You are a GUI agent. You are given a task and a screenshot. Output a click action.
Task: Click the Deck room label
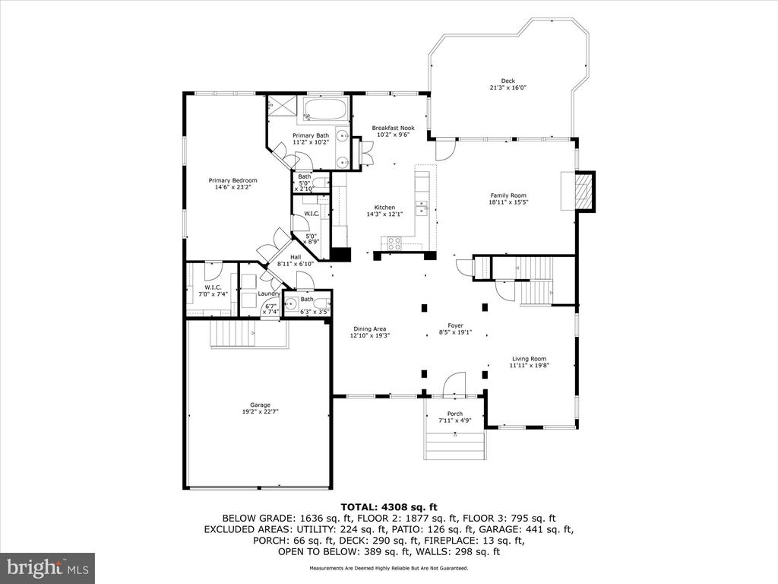point(508,81)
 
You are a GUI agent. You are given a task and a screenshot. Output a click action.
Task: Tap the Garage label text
point(260,405)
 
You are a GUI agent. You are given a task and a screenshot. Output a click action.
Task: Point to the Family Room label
point(508,195)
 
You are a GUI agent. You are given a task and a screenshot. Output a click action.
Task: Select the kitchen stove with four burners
point(395,243)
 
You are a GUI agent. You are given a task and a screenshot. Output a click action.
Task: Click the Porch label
point(454,414)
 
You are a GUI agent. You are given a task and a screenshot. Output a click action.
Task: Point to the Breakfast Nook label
point(393,128)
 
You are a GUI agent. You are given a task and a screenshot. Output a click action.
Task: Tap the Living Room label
point(528,359)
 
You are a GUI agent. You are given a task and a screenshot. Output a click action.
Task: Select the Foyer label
point(455,325)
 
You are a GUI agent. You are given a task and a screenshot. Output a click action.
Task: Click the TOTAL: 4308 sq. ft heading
point(389,506)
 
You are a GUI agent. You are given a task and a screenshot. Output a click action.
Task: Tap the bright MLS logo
point(47,567)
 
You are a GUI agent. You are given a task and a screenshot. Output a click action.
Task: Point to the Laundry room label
point(268,294)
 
